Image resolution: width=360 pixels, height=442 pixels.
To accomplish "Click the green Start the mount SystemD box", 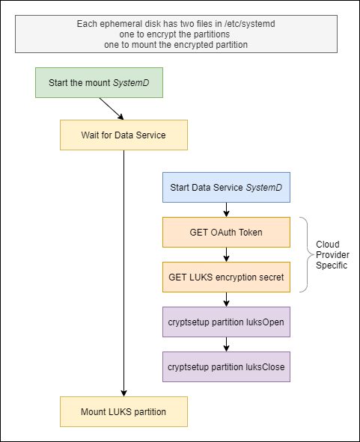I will [x=99, y=82].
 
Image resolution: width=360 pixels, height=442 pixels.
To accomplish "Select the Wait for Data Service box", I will [x=123, y=135].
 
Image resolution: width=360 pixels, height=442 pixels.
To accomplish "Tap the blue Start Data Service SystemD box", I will [x=226, y=187].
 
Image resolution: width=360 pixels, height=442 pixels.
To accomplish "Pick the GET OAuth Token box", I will [x=226, y=232].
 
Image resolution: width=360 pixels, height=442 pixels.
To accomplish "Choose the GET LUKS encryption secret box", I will [x=226, y=277].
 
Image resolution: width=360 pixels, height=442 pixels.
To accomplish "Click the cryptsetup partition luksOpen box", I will [x=226, y=322].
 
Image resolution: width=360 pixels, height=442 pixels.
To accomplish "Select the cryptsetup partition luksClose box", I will [x=226, y=366].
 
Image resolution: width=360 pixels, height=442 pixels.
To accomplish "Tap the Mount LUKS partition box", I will [x=123, y=411].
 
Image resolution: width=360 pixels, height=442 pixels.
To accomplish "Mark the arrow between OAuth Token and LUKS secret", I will [x=226, y=254].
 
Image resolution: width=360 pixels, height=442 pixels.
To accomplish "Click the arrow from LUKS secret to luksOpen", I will [x=226, y=299].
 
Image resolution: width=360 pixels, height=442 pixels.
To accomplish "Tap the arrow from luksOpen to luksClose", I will [x=226, y=344].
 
